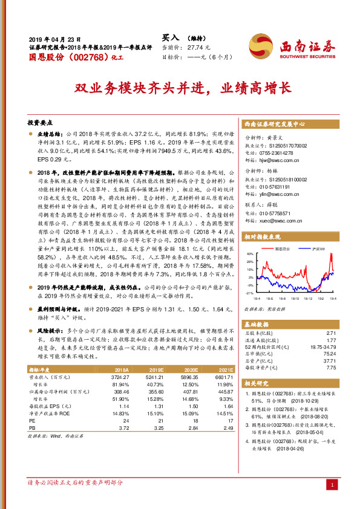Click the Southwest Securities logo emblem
pyautogui.click(x=263, y=45)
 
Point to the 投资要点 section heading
pyautogui.click(x=41, y=120)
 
